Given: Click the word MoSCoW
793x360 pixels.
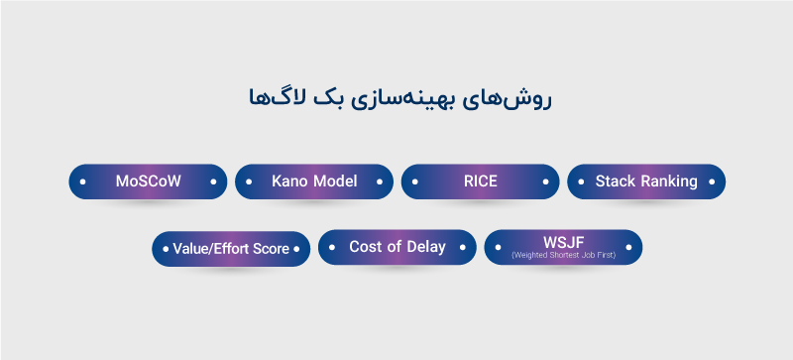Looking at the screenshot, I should pos(148,181).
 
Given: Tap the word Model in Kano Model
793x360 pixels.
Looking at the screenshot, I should pos(335,181).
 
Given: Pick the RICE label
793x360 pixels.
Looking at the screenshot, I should pos(480,181).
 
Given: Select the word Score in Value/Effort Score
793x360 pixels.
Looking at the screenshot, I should pos(270,249).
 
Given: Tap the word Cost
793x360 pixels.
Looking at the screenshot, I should pos(366,247).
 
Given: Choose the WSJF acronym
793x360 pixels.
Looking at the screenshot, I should pos(563,242).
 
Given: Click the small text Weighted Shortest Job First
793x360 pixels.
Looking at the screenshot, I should pos(563,255).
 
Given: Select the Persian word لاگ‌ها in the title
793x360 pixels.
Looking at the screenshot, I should pos(269,99).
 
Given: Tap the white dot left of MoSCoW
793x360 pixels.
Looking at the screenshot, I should pos(82,182).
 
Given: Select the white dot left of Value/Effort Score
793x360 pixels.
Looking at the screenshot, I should pos(165,249).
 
